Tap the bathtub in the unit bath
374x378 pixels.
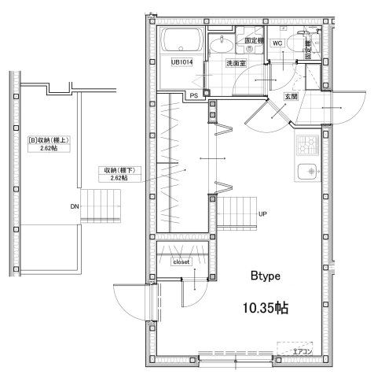coord(181,41)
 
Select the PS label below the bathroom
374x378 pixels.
coord(194,95)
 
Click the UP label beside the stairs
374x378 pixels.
coord(262,213)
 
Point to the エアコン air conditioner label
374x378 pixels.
coord(302,352)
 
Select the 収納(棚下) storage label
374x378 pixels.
coord(114,173)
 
